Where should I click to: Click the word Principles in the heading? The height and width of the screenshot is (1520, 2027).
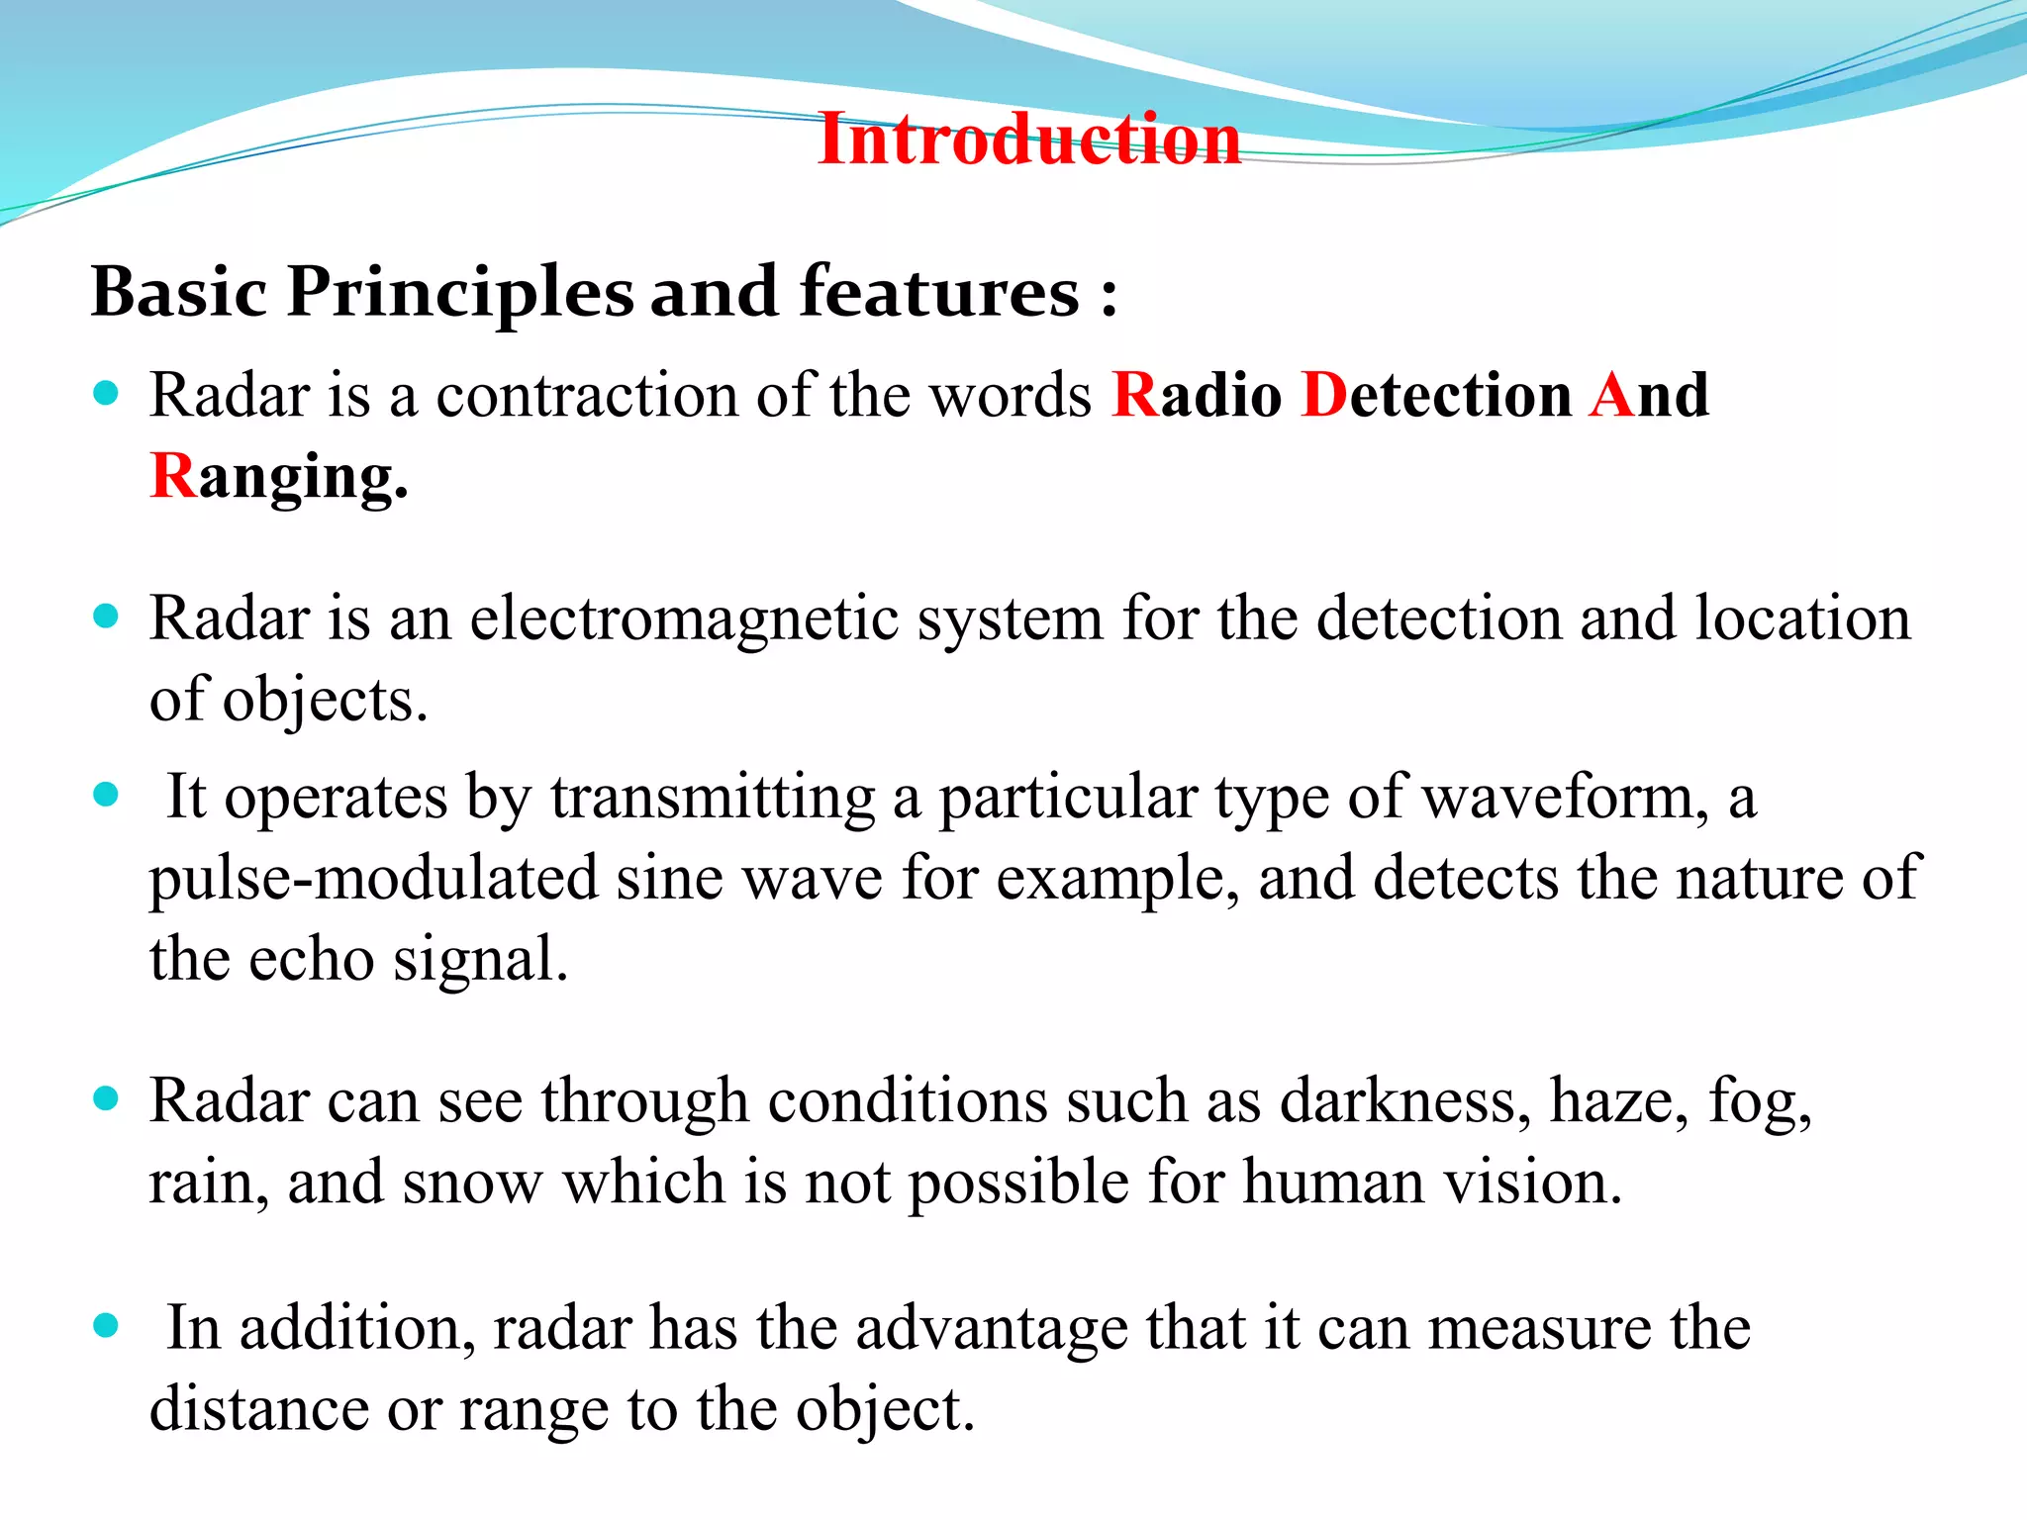(x=460, y=293)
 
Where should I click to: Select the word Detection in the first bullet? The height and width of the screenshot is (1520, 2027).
(x=1436, y=395)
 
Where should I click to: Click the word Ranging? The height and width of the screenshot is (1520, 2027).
(x=279, y=477)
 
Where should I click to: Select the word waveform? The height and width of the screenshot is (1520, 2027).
(x=1565, y=797)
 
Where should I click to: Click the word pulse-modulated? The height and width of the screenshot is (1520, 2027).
(x=374, y=878)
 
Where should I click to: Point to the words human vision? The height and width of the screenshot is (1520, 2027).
(x=1432, y=1182)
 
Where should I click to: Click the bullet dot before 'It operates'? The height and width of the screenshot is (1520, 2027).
(x=106, y=794)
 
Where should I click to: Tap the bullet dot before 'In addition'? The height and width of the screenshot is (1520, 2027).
(x=106, y=1326)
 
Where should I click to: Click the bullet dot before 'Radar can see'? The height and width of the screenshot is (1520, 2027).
(x=106, y=1098)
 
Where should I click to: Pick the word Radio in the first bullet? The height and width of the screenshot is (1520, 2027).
(x=1197, y=395)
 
